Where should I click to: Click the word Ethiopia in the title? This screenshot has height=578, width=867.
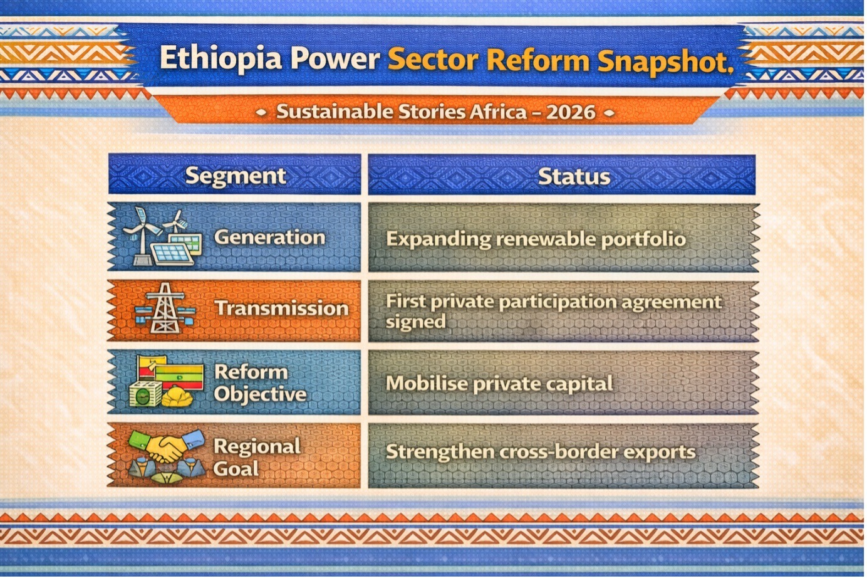coord(221,58)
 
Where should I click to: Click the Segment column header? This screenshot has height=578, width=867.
coord(236,176)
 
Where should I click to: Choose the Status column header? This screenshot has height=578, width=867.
coord(574,177)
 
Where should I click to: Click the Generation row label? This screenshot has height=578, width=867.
coord(269,237)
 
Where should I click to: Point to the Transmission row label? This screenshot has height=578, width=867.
coord(281,308)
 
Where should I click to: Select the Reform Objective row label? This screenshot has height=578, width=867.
coord(260,383)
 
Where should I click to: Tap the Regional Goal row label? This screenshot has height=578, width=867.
coord(257,458)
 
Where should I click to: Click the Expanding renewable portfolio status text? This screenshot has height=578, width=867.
coord(536,239)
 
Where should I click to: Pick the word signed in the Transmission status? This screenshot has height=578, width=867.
coord(416,322)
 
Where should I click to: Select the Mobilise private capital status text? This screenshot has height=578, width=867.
coord(499,384)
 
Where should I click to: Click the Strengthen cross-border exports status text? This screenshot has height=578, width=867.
coord(541,452)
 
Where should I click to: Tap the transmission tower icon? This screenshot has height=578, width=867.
coord(165,308)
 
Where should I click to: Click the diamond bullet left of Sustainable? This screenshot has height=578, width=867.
coord(261,112)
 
